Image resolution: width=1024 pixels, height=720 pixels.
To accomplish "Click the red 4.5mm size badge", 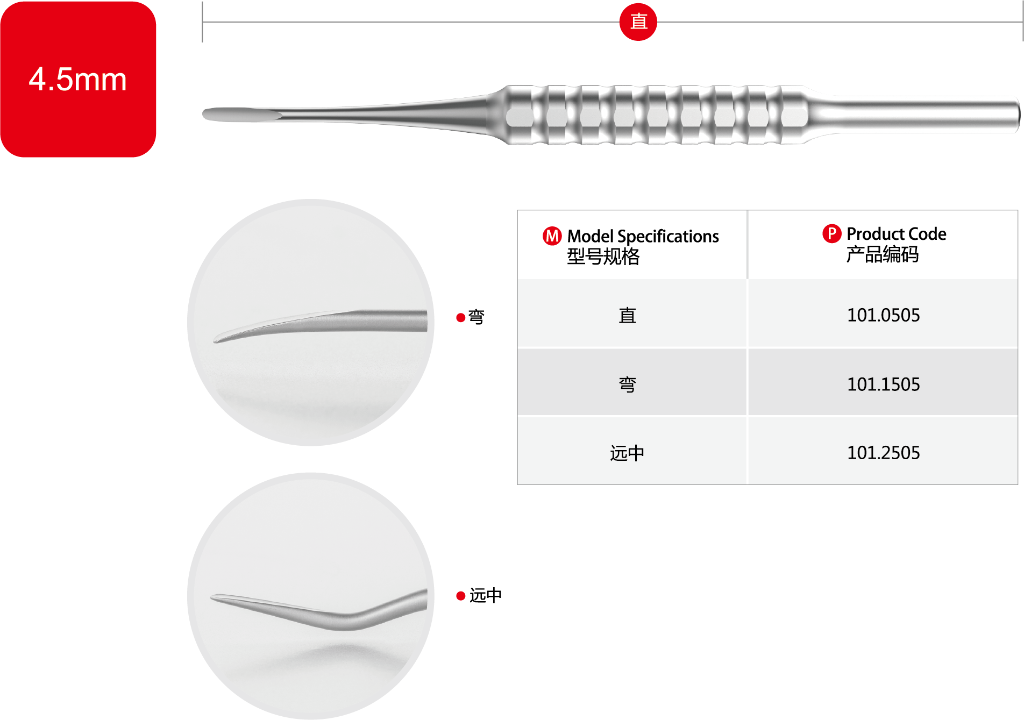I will point(78,79).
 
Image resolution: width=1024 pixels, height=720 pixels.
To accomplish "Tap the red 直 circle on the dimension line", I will point(638,22).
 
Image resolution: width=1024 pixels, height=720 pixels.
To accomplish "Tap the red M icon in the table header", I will point(552,236).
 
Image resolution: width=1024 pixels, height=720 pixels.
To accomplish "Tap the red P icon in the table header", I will point(831,233).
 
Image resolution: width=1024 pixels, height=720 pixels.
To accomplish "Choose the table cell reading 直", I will point(627,315).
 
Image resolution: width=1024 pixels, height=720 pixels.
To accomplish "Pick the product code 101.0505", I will point(883,315).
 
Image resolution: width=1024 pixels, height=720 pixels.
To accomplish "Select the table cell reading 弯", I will point(627,384).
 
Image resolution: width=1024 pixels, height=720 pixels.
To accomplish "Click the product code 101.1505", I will point(883,384).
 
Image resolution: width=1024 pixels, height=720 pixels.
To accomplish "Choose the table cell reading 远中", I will point(627,453).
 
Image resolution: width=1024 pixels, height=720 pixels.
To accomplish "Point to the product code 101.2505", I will point(883,453).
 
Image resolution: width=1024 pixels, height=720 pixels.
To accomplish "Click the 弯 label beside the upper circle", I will point(476,317).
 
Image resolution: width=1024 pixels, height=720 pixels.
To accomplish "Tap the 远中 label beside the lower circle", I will point(485,595).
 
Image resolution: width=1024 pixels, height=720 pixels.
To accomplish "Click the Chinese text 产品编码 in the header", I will point(882,254).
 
